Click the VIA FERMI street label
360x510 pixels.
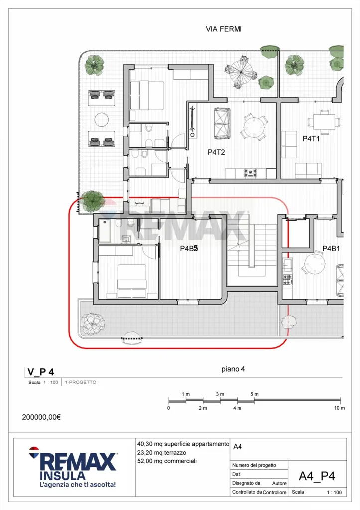pyautogui.click(x=224, y=29)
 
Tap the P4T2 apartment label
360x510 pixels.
pyautogui.click(x=216, y=152)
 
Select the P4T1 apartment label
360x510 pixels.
pyautogui.click(x=311, y=139)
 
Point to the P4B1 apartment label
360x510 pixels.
pyautogui.click(x=331, y=248)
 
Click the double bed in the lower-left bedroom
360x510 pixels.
pyautogui.click(x=132, y=281)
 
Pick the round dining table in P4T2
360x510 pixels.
pyautogui.click(x=254, y=127)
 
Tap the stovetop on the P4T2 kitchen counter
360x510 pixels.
pyautogui.click(x=251, y=173)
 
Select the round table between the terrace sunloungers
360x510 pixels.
pyautogui.click(x=102, y=119)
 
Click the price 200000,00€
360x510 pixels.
pyautogui.click(x=41, y=417)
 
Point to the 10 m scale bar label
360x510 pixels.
pyautogui.click(x=339, y=408)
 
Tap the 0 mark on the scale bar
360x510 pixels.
pyautogui.click(x=168, y=408)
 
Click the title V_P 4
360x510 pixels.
pyautogui.click(x=41, y=372)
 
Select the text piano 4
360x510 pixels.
pyautogui.click(x=233, y=369)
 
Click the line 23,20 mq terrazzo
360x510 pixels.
pyautogui.click(x=162, y=452)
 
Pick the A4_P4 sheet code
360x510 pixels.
pyautogui.click(x=317, y=476)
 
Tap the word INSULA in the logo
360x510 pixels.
pyautogui.click(x=62, y=476)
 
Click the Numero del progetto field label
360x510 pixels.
pyautogui.click(x=254, y=465)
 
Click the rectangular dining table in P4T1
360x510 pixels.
pyautogui.click(x=324, y=122)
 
